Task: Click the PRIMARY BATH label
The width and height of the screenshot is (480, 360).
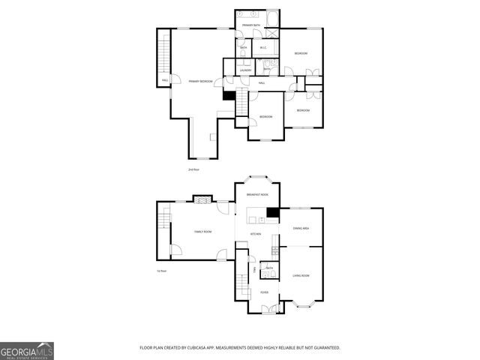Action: click(x=251, y=26)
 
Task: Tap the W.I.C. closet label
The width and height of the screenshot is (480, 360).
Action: click(x=262, y=49)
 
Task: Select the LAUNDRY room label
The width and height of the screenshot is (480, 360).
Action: click(x=246, y=70)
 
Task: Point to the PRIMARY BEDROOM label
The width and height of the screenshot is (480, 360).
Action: click(x=200, y=81)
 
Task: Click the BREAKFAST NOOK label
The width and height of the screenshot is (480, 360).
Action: click(x=257, y=194)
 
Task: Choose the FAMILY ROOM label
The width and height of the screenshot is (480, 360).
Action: click(x=202, y=232)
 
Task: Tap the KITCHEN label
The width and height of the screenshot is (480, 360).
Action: click(x=256, y=235)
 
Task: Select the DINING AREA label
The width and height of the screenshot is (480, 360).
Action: click(x=301, y=228)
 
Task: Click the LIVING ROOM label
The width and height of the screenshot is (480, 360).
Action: click(x=301, y=276)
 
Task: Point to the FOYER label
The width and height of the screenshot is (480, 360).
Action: click(x=265, y=292)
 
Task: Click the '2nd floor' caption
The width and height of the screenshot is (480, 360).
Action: click(x=193, y=170)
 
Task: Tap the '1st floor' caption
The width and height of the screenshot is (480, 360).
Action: click(x=161, y=271)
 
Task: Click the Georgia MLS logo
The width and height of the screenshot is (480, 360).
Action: click(x=27, y=350)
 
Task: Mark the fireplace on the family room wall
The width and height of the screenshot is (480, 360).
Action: click(x=202, y=199)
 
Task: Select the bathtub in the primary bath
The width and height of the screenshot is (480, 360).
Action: click(x=272, y=19)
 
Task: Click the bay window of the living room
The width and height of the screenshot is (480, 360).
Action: click(x=305, y=305)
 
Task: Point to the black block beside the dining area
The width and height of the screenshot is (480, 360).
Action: click(x=274, y=213)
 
